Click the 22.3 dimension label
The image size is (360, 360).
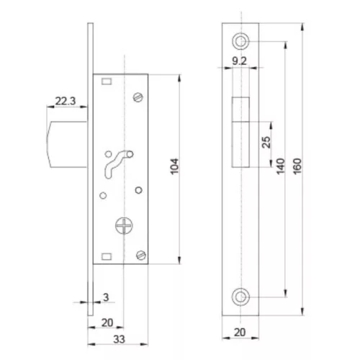point(66,101)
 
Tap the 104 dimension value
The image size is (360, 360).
point(175,166)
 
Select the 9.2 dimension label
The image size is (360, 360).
point(239,61)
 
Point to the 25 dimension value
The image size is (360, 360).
point(266,142)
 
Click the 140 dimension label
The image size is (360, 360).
point(280,166)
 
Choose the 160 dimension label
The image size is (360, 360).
point(297,166)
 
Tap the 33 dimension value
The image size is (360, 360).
point(120,339)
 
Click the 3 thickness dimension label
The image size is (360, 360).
point(106,297)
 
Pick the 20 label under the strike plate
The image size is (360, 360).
point(240,333)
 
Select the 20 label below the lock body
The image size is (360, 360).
point(107,323)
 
